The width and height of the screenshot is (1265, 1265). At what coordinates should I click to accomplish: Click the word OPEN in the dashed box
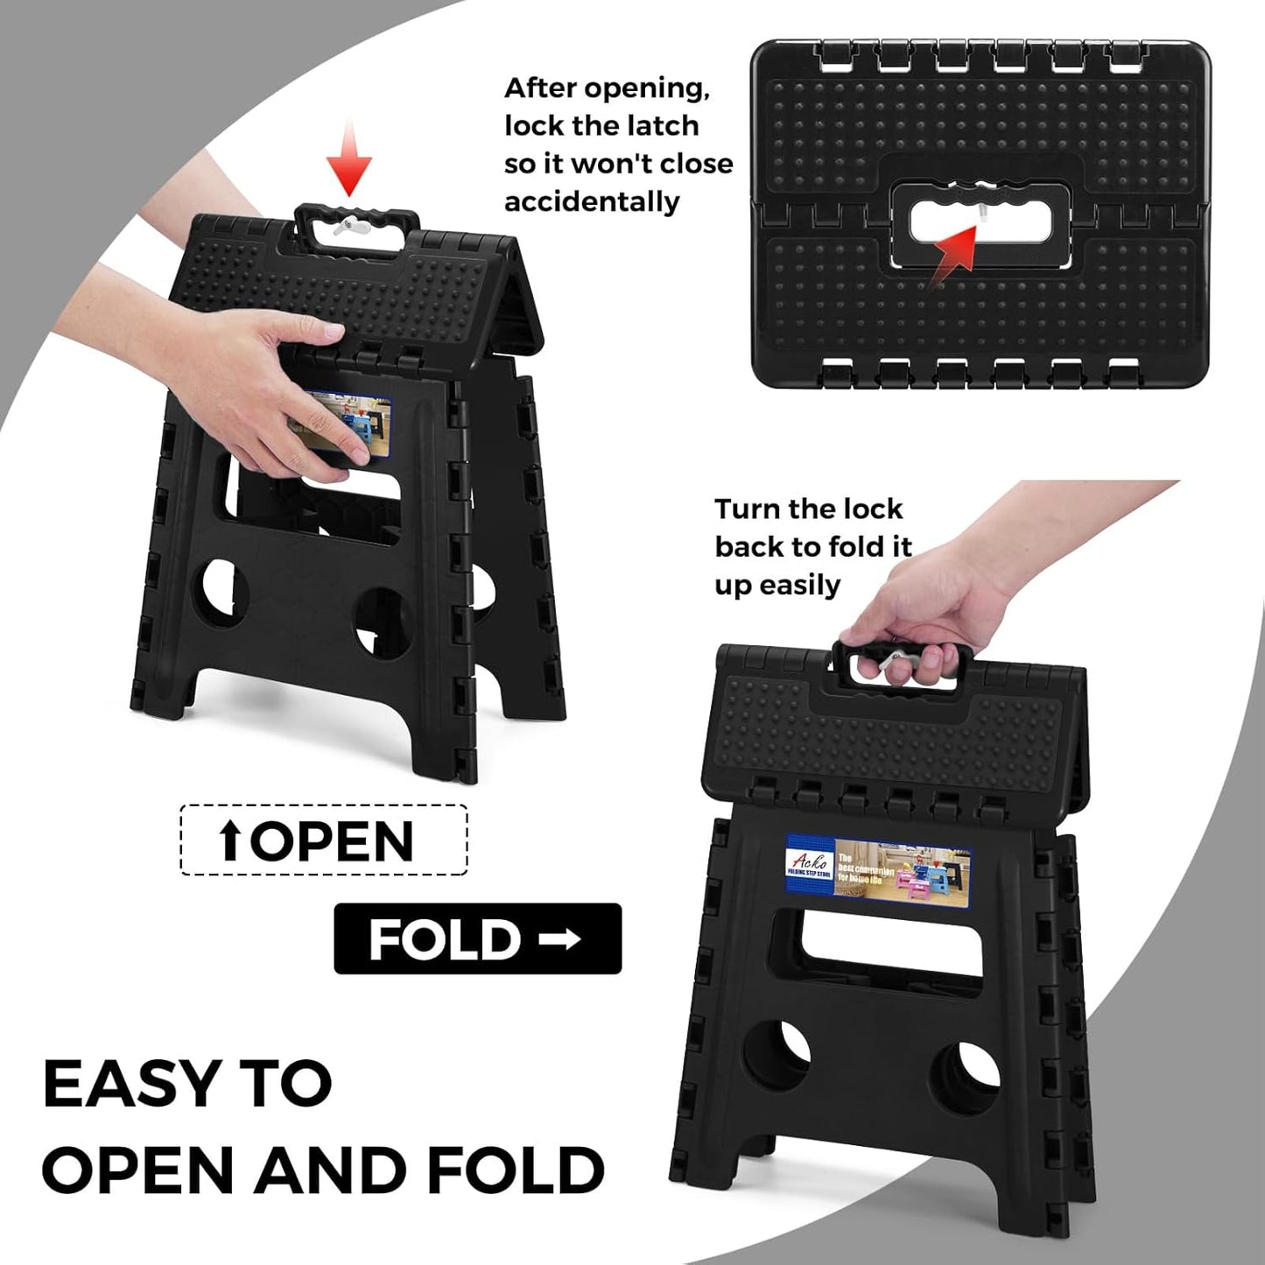point(334,841)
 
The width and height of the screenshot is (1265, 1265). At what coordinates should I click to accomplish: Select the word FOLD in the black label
point(445,939)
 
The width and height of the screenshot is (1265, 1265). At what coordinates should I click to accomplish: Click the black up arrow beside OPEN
point(230,840)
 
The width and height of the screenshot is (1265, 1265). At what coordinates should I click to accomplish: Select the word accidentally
point(592,202)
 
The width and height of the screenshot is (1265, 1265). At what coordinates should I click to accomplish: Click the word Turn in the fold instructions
point(748,510)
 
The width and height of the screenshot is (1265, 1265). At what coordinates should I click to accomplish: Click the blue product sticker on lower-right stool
point(878,870)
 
